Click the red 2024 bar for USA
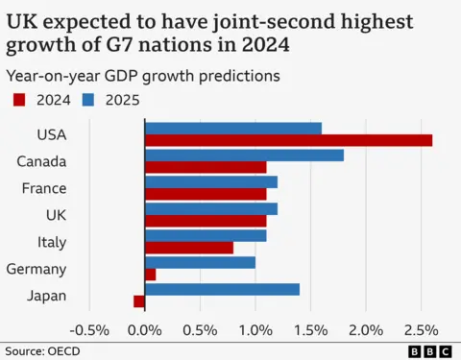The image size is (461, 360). pos(288,140)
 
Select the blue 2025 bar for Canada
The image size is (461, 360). pos(244,155)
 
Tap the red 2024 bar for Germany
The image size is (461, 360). pos(150,275)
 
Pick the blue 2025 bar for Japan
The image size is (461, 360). pos(222,289)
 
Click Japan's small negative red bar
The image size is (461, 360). pos(139,301)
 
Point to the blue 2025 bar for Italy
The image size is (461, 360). pos(206,235)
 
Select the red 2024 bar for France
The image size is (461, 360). pos(206,194)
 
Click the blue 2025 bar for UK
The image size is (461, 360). pos(211,208)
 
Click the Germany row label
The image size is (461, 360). pos(36,269)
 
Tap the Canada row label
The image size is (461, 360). pos(41,161)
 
